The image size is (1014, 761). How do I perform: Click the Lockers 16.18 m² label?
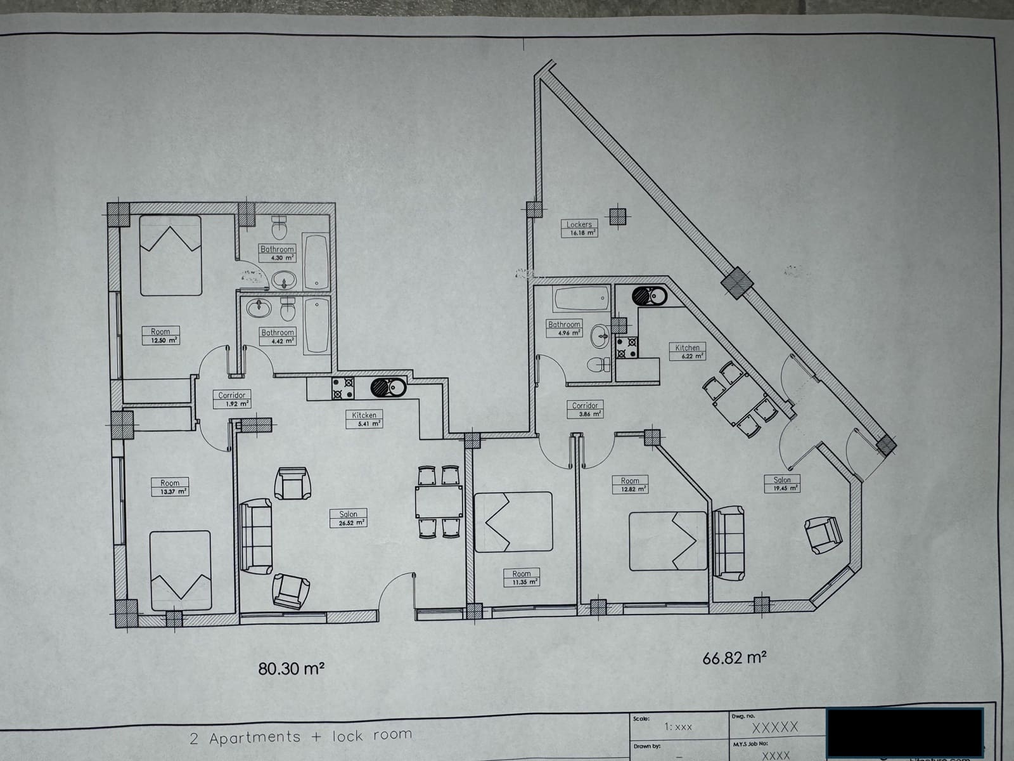579,228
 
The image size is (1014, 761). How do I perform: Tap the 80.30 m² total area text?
292,668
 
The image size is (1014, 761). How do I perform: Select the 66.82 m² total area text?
735,658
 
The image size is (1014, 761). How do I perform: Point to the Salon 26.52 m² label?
348,518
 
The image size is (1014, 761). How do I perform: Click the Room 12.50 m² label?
160,335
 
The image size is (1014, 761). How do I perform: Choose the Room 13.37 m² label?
170,487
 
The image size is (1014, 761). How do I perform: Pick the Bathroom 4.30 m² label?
278,253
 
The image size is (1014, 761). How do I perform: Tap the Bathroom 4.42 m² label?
278,336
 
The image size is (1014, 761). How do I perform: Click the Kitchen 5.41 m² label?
364,419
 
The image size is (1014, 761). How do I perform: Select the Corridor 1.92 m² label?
232,399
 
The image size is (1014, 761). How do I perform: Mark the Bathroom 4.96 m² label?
564,328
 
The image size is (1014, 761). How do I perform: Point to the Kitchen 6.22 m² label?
688,351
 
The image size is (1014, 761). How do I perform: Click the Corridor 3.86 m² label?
584,409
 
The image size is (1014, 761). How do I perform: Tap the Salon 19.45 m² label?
782,484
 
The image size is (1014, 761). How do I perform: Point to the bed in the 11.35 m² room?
513,521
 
